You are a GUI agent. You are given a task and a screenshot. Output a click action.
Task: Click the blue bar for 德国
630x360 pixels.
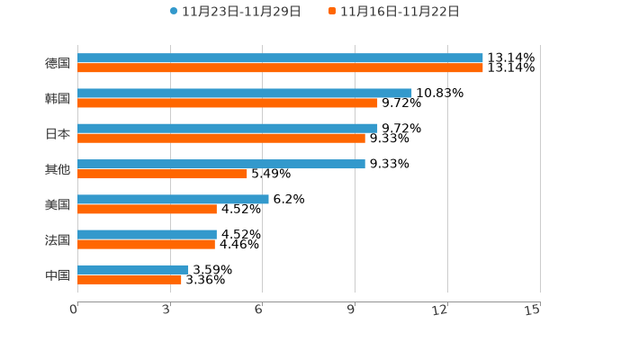(x=280, y=58)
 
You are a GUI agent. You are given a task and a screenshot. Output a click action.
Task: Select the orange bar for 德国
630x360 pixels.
(x=280, y=68)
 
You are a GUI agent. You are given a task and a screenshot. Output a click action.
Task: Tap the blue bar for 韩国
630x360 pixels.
(x=245, y=94)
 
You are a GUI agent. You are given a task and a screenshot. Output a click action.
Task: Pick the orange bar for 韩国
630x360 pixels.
(x=228, y=103)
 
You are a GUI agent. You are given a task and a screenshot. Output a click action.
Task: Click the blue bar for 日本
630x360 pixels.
(x=228, y=129)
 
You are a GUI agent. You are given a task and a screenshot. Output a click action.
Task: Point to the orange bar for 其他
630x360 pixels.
(x=162, y=174)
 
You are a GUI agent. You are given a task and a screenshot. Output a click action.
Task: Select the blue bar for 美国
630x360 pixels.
(x=173, y=199)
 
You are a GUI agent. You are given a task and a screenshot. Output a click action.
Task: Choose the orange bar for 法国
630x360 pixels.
(x=146, y=244)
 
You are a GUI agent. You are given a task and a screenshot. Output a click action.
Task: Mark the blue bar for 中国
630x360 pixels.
(x=133, y=269)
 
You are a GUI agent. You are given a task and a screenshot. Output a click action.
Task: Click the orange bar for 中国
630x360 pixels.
(x=130, y=279)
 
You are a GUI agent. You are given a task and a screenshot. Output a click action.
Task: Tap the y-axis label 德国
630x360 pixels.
(x=58, y=63)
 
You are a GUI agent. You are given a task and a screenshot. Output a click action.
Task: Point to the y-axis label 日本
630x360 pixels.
(x=58, y=134)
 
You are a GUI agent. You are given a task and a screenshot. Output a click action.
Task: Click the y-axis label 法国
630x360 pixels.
(x=58, y=239)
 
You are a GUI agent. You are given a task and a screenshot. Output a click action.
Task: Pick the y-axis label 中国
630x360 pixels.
(x=58, y=274)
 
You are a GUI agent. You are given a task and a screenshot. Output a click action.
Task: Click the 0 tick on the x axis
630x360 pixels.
(x=75, y=310)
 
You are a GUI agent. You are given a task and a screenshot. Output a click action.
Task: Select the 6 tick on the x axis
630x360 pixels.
(x=259, y=310)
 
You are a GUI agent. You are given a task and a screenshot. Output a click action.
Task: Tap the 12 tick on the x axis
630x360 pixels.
(x=440, y=310)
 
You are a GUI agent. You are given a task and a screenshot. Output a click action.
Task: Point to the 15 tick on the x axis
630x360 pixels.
(x=533, y=310)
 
